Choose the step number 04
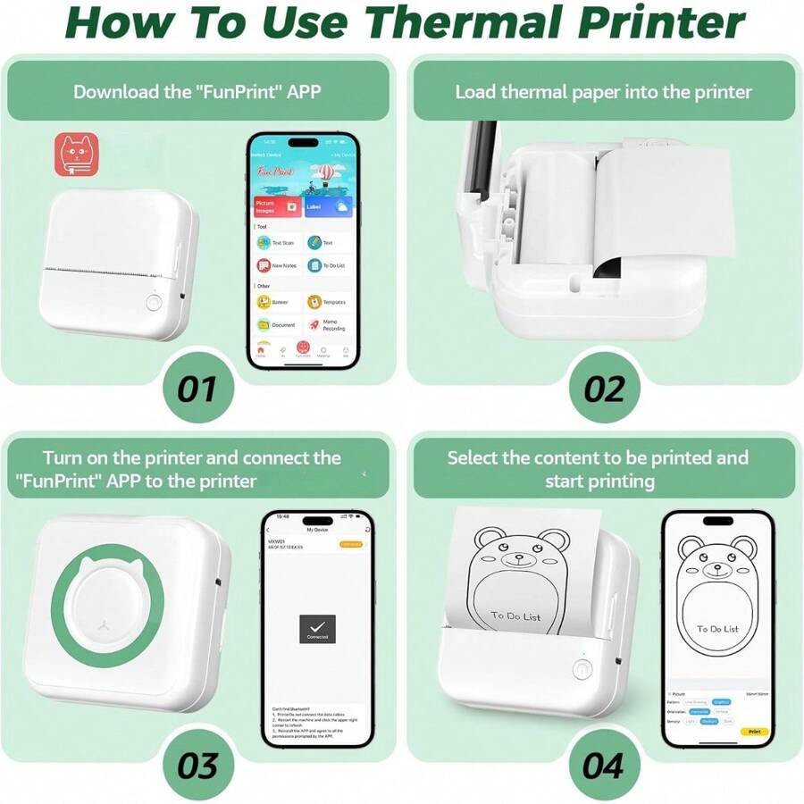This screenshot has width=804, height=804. [x=604, y=765]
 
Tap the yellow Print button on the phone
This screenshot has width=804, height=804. [x=753, y=732]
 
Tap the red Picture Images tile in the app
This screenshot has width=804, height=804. [x=277, y=206]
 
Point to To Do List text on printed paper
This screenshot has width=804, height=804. [x=515, y=616]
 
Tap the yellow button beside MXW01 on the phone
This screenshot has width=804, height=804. [x=350, y=543]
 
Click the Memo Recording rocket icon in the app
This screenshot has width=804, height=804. [x=314, y=325]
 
